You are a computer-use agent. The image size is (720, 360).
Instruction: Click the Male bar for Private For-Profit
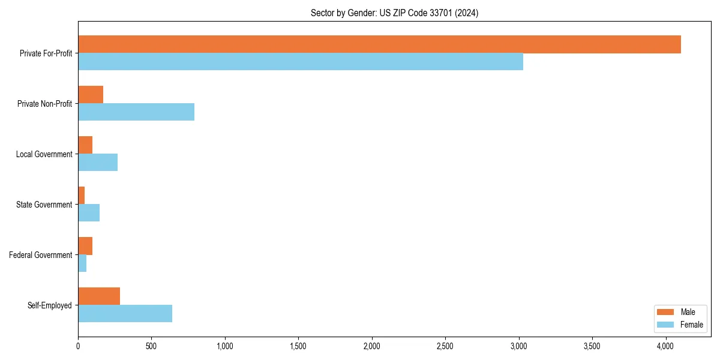(x=379, y=44)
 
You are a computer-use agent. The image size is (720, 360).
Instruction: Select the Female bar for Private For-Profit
(x=300, y=62)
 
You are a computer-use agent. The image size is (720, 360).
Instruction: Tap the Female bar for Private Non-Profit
(x=136, y=112)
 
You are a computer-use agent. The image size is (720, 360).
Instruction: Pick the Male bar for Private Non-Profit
(x=91, y=95)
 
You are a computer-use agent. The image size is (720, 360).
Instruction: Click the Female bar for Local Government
(x=98, y=163)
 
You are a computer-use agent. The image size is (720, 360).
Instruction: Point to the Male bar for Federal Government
(x=85, y=246)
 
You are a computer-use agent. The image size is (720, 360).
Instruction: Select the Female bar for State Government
(x=89, y=213)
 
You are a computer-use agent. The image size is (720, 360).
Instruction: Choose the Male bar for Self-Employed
(x=99, y=296)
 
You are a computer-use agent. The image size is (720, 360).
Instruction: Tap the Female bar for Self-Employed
(x=125, y=314)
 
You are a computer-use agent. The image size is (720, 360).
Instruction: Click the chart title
(x=394, y=13)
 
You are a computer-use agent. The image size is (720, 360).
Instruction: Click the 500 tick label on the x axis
(x=151, y=346)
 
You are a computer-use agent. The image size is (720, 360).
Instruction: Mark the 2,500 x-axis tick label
(x=445, y=346)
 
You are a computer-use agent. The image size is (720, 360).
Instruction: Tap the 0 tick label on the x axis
(x=78, y=346)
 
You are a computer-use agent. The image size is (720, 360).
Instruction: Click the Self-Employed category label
(x=50, y=305)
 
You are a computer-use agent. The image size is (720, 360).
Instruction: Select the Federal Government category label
(x=41, y=255)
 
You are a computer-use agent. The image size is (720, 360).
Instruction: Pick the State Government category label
(x=44, y=205)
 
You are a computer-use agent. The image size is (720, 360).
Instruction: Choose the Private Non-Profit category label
(x=44, y=104)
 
